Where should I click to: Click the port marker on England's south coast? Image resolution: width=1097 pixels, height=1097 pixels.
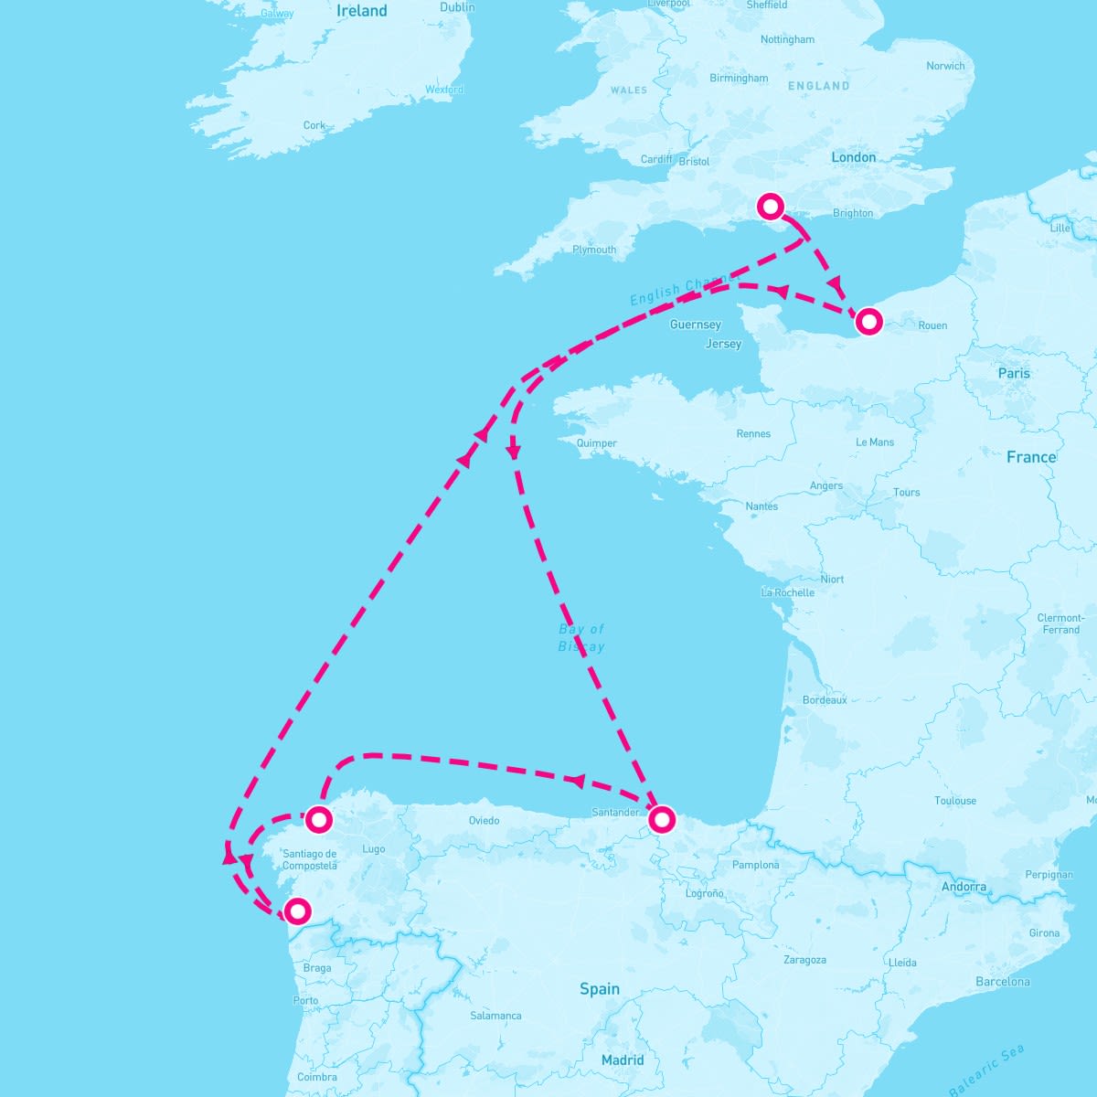tap(772, 206)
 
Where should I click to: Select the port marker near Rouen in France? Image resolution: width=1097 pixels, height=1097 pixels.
tap(868, 321)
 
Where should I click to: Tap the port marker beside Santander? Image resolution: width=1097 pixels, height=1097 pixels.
tap(661, 819)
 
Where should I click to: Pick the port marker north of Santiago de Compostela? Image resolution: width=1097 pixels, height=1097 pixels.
tap(318, 819)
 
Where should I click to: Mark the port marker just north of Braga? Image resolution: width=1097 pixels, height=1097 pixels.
tap(297, 911)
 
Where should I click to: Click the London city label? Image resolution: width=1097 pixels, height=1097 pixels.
tap(853, 157)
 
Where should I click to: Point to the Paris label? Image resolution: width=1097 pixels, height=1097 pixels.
tap(1014, 373)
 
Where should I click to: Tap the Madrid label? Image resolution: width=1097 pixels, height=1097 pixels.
tap(623, 1060)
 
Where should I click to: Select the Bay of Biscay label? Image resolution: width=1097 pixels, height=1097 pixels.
tap(581, 637)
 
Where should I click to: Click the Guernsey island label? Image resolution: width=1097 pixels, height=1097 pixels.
tap(695, 325)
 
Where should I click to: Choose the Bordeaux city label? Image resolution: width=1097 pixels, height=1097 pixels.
tap(824, 700)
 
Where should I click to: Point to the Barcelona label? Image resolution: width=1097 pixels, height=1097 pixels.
tap(1002, 982)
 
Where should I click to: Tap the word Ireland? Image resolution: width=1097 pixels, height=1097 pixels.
tap(362, 11)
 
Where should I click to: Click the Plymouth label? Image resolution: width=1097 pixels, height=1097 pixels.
tap(594, 250)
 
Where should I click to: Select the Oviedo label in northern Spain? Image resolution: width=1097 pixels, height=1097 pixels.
tap(484, 820)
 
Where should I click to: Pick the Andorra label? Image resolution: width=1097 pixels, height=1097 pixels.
tap(964, 887)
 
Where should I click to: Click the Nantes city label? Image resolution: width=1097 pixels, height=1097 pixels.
tap(762, 506)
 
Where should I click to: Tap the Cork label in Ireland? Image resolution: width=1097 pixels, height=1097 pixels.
tap(314, 125)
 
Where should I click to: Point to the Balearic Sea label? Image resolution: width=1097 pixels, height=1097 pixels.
tap(986, 1070)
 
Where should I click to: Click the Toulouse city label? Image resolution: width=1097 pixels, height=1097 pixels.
tap(955, 801)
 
